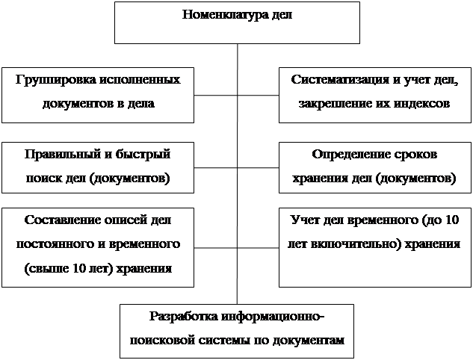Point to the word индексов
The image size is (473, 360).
(x=421, y=103)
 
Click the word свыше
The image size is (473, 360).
(x=46, y=268)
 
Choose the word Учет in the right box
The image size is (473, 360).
(x=303, y=220)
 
